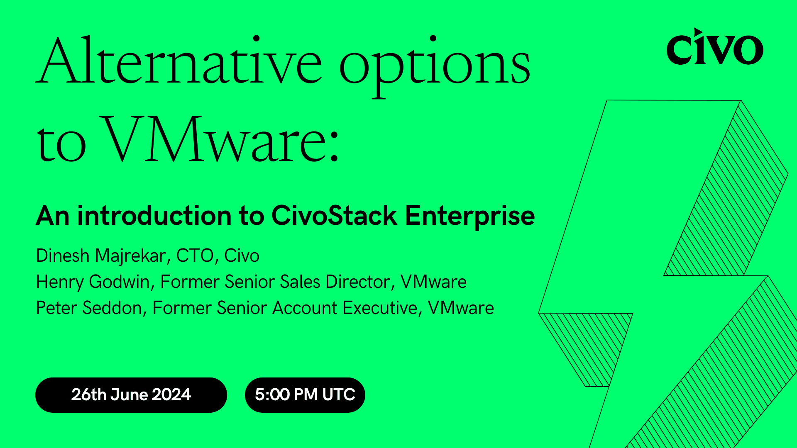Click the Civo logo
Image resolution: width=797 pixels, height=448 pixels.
714,47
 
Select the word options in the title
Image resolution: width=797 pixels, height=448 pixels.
435,66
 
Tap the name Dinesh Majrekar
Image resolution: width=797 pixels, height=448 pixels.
101,256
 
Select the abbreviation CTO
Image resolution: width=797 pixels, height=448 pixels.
195,256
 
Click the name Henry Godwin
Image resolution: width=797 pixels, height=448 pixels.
93,282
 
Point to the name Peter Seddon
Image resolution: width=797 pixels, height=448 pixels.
89,308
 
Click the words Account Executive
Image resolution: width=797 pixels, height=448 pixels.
345,308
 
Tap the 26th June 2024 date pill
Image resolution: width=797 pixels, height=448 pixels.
131,395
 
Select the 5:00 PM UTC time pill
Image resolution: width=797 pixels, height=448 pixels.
305,395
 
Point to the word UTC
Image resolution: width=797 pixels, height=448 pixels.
338,395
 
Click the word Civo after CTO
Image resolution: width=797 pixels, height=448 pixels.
242,256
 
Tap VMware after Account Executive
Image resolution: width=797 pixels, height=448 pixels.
461,308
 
